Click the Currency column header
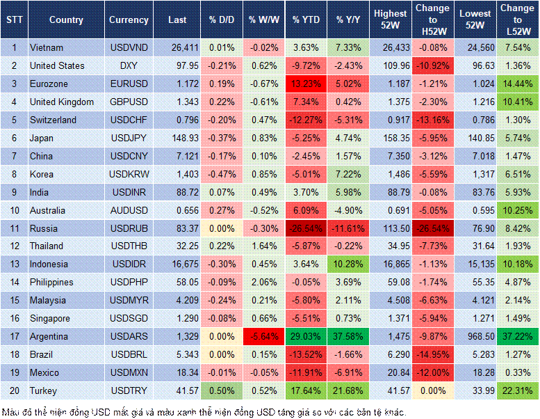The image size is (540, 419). tap(129, 20)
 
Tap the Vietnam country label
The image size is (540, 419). tap(47, 47)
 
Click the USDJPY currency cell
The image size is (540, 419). tap(128, 138)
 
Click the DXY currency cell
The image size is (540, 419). tap(128, 65)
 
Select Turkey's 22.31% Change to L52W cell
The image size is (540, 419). tap(518, 390)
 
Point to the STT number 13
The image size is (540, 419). tap(13, 264)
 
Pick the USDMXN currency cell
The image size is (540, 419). tap(128, 372)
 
